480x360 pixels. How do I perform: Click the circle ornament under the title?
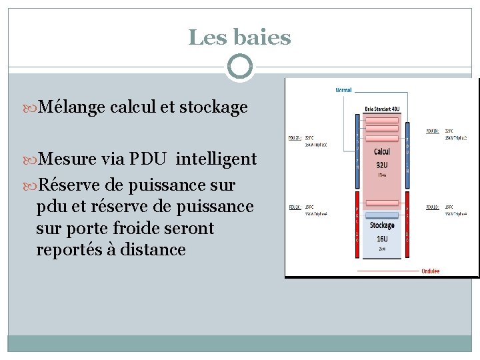[239, 67]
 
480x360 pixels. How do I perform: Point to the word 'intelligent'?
[216, 159]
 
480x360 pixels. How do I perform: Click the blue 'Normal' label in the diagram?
[343, 90]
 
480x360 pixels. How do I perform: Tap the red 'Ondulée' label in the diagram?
[430, 271]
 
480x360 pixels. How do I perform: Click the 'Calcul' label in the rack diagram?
[382, 152]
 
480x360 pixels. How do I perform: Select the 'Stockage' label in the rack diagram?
[382, 227]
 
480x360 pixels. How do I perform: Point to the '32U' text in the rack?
[382, 164]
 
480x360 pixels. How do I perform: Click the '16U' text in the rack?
[382, 238]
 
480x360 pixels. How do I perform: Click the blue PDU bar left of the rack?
[357, 151]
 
